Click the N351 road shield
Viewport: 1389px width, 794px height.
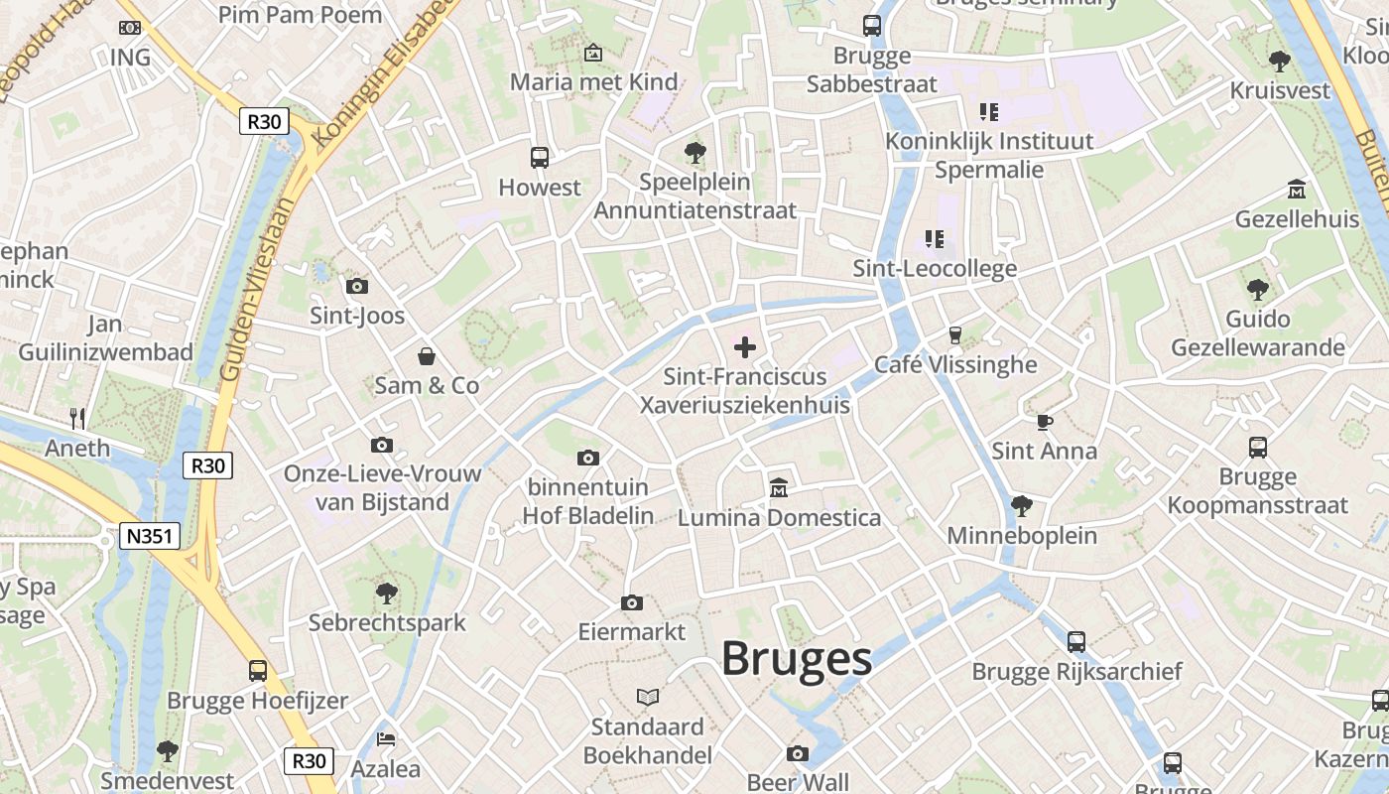[x=151, y=537]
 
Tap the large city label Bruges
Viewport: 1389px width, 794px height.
[x=796, y=658]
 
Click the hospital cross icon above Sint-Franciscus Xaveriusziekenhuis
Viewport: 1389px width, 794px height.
[x=744, y=347]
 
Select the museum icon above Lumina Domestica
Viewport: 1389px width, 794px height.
[x=779, y=487]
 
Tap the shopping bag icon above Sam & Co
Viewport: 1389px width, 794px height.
[x=427, y=356]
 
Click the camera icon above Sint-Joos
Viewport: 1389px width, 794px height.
[x=357, y=287]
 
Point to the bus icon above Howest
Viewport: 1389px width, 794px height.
[x=540, y=157]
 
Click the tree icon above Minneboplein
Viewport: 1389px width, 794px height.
[x=1021, y=506]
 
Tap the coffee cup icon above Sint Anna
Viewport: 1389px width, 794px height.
[x=1044, y=422]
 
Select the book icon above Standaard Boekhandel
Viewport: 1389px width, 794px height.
[x=648, y=697]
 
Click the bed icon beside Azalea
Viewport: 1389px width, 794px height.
[x=386, y=739]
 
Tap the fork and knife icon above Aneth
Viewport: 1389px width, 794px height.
[x=78, y=418]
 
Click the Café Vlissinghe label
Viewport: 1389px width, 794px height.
[x=954, y=364]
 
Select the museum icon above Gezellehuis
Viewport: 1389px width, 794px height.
[x=1296, y=189]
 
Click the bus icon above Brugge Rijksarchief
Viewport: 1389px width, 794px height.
[x=1076, y=642]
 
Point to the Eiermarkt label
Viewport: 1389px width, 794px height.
[x=632, y=631]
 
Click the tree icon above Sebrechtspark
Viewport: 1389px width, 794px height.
[x=387, y=594]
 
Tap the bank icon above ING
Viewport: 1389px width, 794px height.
[x=130, y=28]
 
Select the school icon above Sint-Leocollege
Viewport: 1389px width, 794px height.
[x=934, y=238]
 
